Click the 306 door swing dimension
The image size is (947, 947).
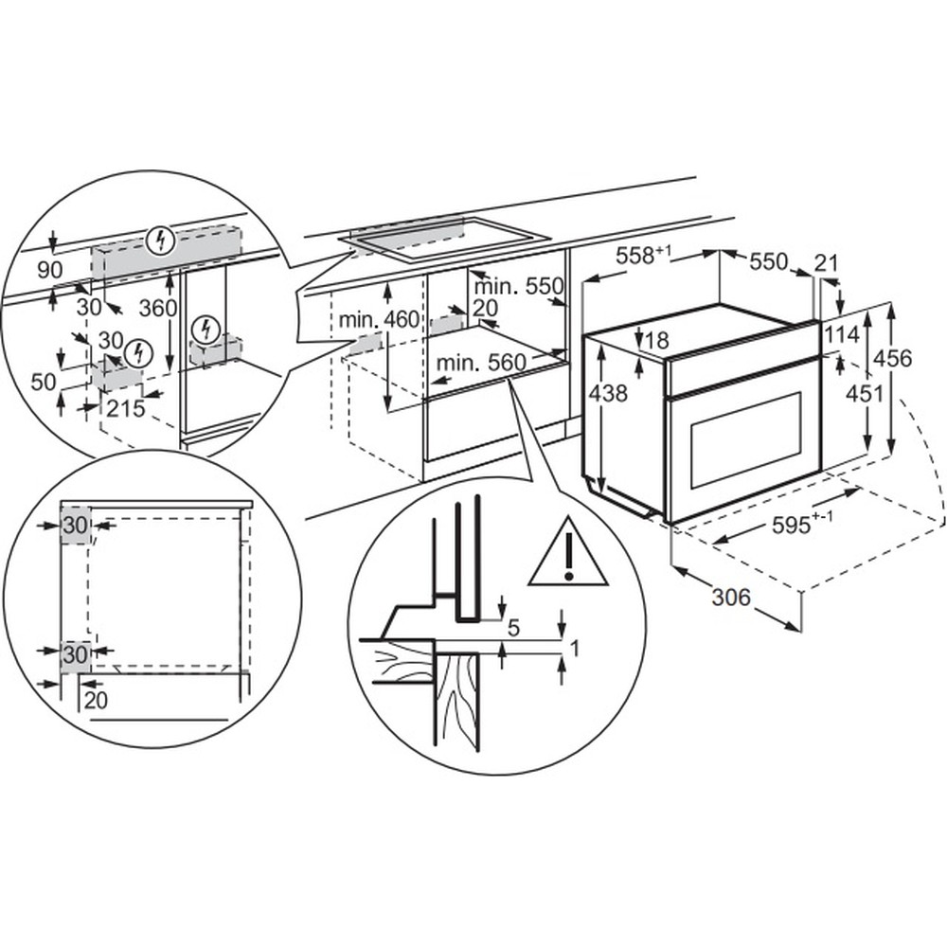(x=731, y=598)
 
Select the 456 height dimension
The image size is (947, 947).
(x=893, y=358)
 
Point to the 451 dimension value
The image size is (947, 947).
(x=865, y=394)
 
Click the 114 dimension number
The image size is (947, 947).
(x=841, y=334)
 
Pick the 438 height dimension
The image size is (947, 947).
(x=608, y=393)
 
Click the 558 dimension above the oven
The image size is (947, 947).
(x=643, y=256)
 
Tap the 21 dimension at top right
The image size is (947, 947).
(x=827, y=263)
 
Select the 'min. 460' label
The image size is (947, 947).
(x=379, y=319)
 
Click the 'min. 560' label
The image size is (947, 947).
(x=481, y=363)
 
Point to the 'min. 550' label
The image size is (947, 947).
(x=519, y=286)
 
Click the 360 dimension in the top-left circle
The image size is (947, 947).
(x=158, y=309)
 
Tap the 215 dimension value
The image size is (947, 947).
(x=126, y=409)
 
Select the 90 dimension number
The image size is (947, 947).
(x=49, y=271)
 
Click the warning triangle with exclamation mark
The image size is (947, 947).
(x=567, y=552)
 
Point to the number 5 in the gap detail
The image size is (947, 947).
(x=513, y=628)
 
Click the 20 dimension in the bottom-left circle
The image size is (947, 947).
(x=96, y=700)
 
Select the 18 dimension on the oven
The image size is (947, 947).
(x=657, y=341)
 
